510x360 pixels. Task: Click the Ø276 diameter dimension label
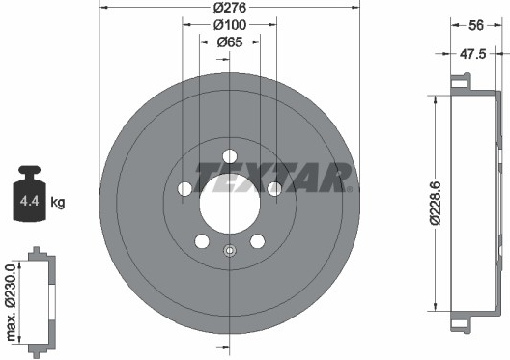(x=230, y=8)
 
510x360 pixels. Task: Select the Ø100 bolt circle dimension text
(x=230, y=25)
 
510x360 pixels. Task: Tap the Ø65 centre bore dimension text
(x=230, y=42)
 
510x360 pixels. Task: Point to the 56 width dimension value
(x=476, y=25)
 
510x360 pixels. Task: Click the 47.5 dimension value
(x=472, y=54)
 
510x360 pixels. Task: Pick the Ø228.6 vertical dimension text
(x=435, y=203)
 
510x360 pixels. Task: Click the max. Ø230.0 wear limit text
(x=11, y=302)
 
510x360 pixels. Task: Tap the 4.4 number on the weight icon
(x=30, y=201)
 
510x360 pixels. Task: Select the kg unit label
(x=58, y=203)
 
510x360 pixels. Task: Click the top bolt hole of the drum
(x=230, y=156)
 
